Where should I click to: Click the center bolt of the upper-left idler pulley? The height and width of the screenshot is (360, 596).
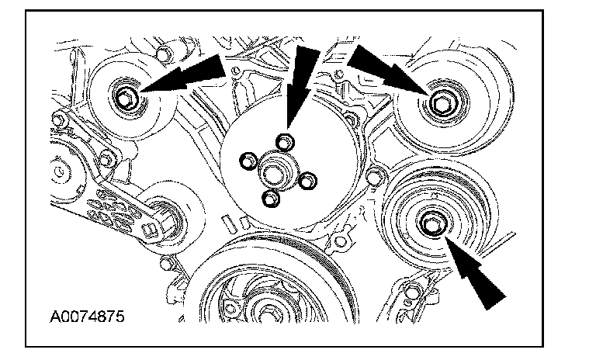pos(126,99)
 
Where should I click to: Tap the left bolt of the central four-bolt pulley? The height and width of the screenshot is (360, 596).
pos(248,161)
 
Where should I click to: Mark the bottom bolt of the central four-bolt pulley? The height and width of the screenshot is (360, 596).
pos(269,200)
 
